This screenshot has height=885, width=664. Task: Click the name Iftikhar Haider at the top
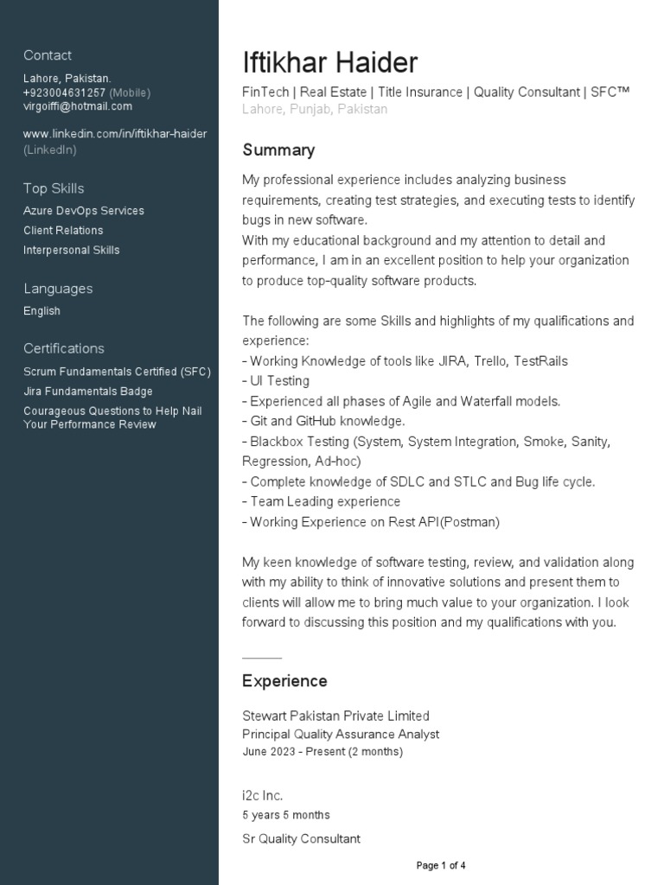[329, 62]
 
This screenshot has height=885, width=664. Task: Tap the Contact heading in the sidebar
[48, 55]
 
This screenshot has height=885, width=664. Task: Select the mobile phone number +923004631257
[64, 92]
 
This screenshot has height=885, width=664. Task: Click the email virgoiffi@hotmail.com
[78, 106]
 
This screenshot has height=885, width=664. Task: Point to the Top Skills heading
[54, 188]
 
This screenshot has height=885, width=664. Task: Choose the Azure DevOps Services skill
[84, 211]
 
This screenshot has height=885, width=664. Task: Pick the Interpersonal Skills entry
[72, 251]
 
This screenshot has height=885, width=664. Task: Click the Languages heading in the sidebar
[58, 289]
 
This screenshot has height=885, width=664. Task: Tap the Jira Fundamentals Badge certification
[88, 392]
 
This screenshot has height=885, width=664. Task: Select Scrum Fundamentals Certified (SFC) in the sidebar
[117, 372]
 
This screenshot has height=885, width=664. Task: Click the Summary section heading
[278, 150]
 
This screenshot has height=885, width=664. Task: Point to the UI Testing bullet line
[277, 381]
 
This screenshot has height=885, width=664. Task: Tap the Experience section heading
[284, 681]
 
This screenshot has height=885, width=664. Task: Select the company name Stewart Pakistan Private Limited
[335, 716]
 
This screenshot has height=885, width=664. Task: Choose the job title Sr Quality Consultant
[301, 838]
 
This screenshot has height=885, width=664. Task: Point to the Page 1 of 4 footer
[441, 865]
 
